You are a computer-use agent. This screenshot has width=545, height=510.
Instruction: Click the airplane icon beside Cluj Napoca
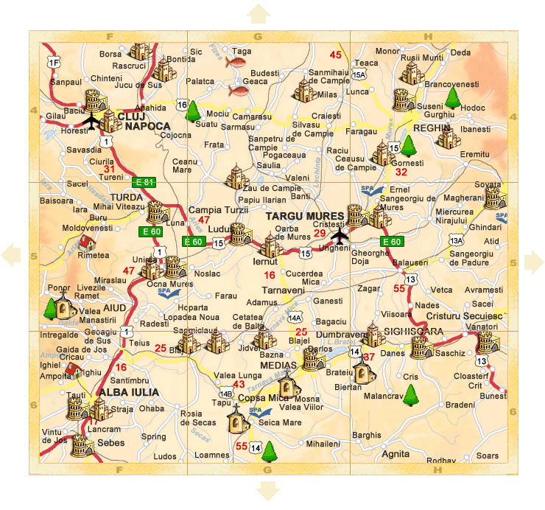pos(91,121)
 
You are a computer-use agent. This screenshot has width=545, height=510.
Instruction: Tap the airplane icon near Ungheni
pos(339,236)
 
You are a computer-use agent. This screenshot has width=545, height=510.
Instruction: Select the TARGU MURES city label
pos(299,216)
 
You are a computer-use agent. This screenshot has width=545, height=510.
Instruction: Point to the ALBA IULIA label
pos(105,391)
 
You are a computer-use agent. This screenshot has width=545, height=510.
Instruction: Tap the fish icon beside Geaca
pos(238,90)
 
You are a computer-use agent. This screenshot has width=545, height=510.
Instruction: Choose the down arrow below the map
pos(267,491)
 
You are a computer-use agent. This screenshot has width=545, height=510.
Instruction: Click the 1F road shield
pos(53,62)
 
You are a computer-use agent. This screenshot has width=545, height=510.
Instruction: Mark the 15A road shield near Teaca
pos(359,74)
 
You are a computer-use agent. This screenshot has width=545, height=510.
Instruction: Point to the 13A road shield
pos(457,240)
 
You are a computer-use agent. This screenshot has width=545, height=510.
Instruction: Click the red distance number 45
pos(336,55)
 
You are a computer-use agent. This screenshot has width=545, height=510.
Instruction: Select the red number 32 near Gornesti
pos(401,172)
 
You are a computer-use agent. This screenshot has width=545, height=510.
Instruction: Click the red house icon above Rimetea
pos(86,241)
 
